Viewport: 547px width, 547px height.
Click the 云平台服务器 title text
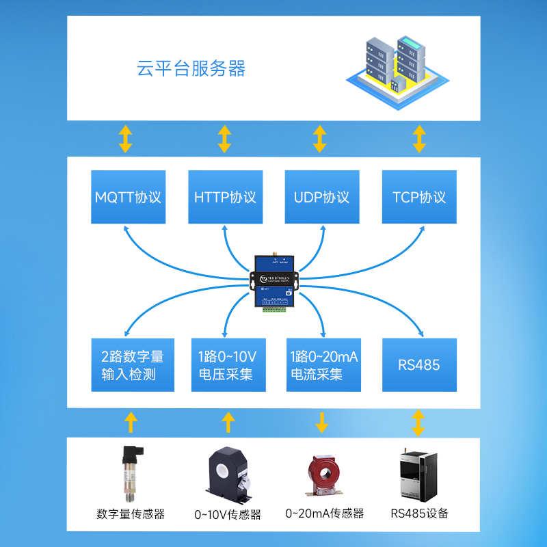coord(191,68)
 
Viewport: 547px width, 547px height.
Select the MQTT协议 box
coord(129,197)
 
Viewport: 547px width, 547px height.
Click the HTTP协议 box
coord(225,197)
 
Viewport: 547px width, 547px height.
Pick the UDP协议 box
coord(321,197)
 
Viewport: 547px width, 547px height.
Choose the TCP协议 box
coord(419,197)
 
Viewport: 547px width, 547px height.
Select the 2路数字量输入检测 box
coord(129,365)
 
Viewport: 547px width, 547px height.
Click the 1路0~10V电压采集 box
coord(225,365)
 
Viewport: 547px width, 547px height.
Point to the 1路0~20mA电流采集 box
coord(321,365)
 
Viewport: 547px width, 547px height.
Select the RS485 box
coord(419,365)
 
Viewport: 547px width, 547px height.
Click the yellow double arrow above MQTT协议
coord(126,139)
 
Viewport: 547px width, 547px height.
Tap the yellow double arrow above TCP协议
coord(419,139)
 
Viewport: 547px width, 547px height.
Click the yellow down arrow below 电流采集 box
coord(321,423)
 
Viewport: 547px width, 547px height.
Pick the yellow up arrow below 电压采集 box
coord(225,423)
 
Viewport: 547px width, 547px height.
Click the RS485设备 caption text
coord(420,513)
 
